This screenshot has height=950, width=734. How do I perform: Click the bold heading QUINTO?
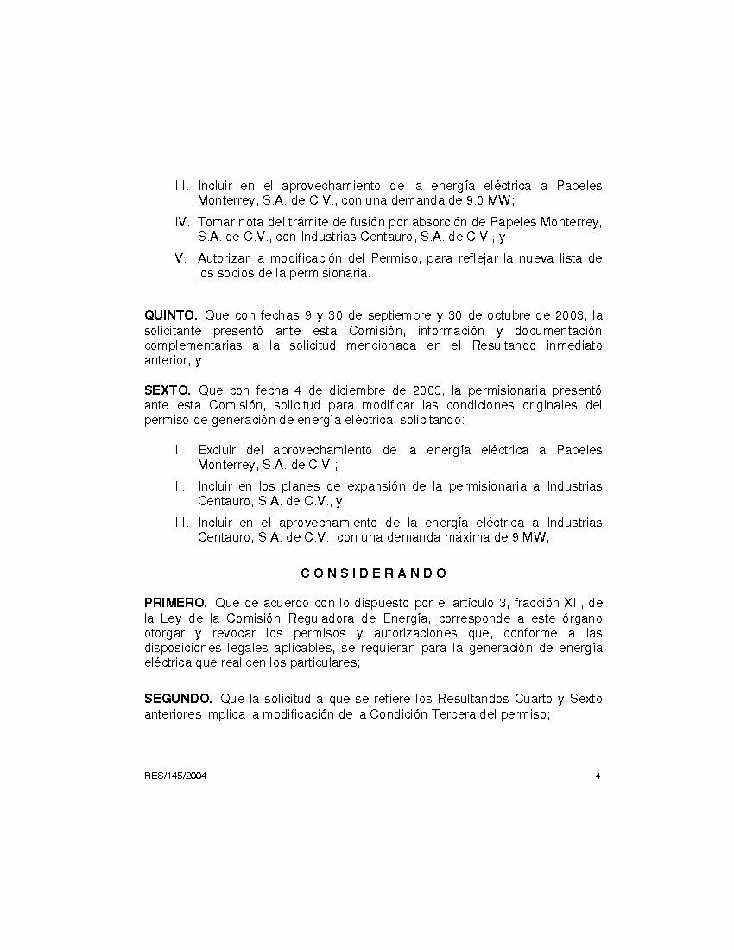click(171, 316)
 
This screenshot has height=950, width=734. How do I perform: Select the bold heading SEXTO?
click(167, 390)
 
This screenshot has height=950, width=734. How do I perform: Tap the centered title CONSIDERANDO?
click(374, 573)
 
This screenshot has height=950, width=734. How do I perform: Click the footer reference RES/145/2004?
click(175, 776)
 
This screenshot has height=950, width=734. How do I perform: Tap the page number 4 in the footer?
click(598, 776)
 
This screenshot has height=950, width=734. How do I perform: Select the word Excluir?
click(218, 450)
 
